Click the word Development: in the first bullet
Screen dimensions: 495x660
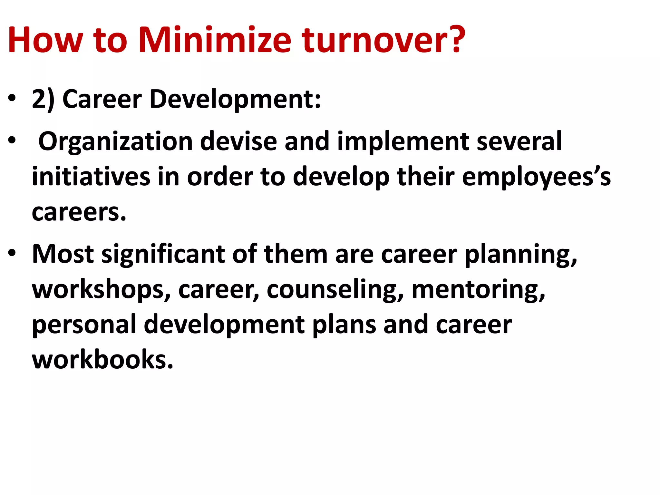pos(235,99)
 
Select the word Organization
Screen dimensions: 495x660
pos(115,142)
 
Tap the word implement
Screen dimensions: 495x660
pos(403,142)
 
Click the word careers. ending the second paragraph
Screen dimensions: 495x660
pos(79,212)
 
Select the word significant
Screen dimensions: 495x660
pos(163,255)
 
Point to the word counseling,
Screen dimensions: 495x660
pos(335,290)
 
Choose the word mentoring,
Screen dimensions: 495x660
pos(478,290)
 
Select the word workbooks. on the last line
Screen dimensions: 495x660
pos(102,359)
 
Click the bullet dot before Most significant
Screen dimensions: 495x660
pos(12,253)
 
